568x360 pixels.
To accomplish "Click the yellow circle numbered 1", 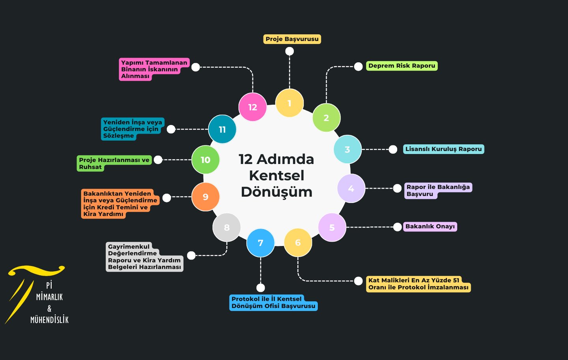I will click(289, 103).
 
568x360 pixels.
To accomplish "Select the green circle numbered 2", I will click(326, 118).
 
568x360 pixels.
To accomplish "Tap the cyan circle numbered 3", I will click(348, 149).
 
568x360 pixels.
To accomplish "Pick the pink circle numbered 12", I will click(252, 107).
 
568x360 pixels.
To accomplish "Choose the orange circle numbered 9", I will click(206, 197).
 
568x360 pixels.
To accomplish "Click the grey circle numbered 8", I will click(226, 228).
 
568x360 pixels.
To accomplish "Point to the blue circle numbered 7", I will click(260, 243).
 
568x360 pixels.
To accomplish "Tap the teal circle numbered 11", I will click(222, 129).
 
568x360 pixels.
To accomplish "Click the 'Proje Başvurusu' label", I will click(292, 39).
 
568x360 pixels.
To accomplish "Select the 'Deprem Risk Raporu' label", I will click(402, 66).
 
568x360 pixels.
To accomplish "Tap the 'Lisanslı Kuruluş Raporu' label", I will click(443, 149).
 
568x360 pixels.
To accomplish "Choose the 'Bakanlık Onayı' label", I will click(430, 226).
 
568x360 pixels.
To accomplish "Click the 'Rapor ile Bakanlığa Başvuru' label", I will click(438, 190).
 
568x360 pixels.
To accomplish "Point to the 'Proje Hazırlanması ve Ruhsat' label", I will click(114, 163).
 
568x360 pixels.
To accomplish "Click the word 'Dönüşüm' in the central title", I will click(277, 192).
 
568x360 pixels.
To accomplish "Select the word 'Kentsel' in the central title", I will click(277, 175).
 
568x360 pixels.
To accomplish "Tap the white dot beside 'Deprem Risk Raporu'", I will click(358, 67).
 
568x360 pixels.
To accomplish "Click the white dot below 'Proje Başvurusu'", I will click(290, 51).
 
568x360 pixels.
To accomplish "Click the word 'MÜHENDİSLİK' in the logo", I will click(50, 319).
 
